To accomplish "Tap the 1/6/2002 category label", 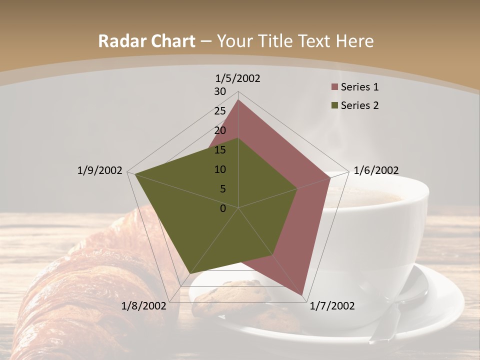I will (x=376, y=170).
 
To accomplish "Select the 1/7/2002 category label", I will (x=332, y=306).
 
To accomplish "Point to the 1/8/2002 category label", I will (x=143, y=306).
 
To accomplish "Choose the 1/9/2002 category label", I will (x=100, y=170).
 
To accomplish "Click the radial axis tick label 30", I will (x=220, y=91).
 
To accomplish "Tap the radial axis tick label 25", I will (x=220, y=111).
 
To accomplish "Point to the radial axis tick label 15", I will (x=220, y=150).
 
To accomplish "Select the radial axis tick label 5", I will (x=222, y=189).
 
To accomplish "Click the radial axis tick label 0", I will (x=223, y=208).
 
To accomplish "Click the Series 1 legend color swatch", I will (x=334, y=87).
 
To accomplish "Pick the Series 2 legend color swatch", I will (x=334, y=105).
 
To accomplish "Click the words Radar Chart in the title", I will (x=146, y=41).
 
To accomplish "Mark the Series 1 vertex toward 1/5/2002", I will (x=238, y=100).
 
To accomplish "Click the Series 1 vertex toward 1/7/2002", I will (x=302, y=294).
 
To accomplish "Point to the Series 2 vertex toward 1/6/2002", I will (x=297, y=188).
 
